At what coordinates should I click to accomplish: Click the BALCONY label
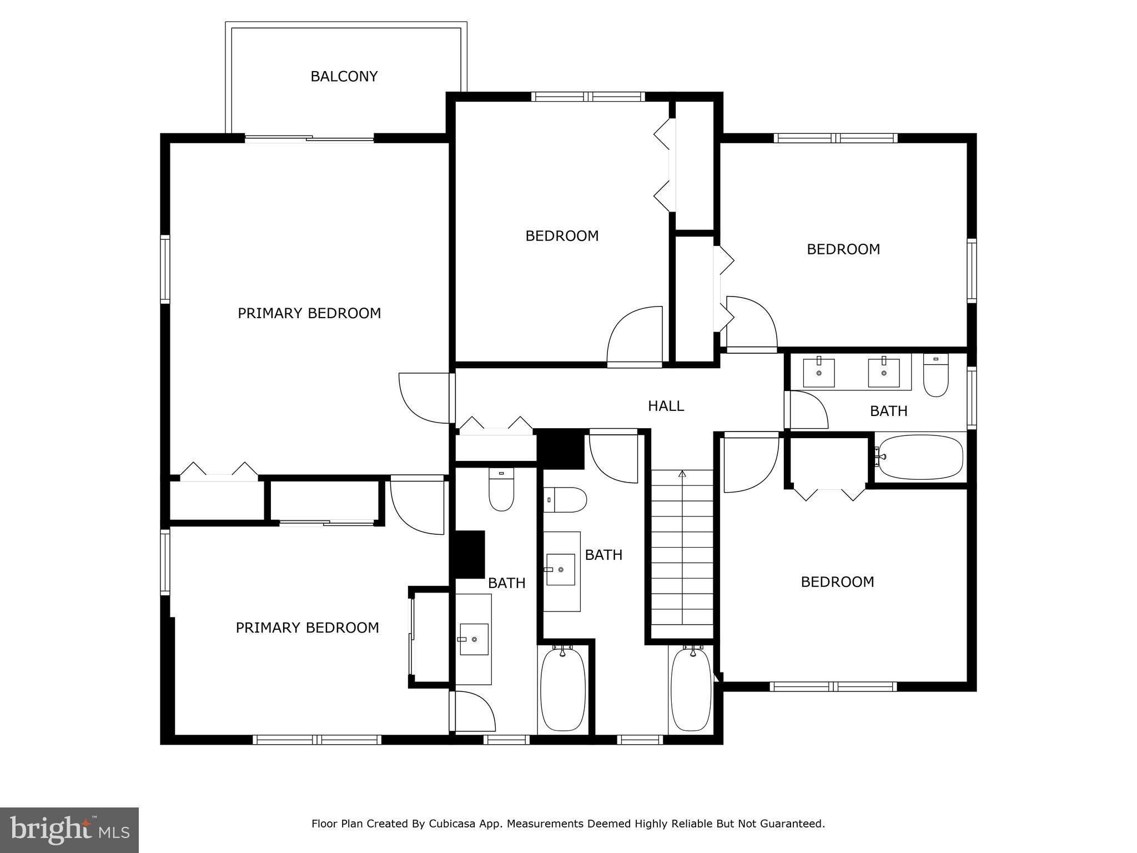point(344,77)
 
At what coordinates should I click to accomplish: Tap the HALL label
point(666,406)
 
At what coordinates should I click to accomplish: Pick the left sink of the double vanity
point(819,373)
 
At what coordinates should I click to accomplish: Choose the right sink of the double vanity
point(883,373)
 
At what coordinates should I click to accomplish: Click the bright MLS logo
point(69,830)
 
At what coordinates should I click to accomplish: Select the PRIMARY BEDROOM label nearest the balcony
point(309,314)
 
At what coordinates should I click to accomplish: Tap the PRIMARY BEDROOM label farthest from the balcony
point(307,628)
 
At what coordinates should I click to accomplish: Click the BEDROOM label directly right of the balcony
point(562,236)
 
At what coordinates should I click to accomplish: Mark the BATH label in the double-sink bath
point(889,411)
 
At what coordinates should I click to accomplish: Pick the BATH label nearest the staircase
point(603,555)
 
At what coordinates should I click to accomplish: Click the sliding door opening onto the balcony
point(309,138)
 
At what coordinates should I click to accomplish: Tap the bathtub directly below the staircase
point(691,690)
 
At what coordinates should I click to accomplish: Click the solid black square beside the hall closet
point(561,449)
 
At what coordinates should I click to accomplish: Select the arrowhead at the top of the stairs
point(682,474)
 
